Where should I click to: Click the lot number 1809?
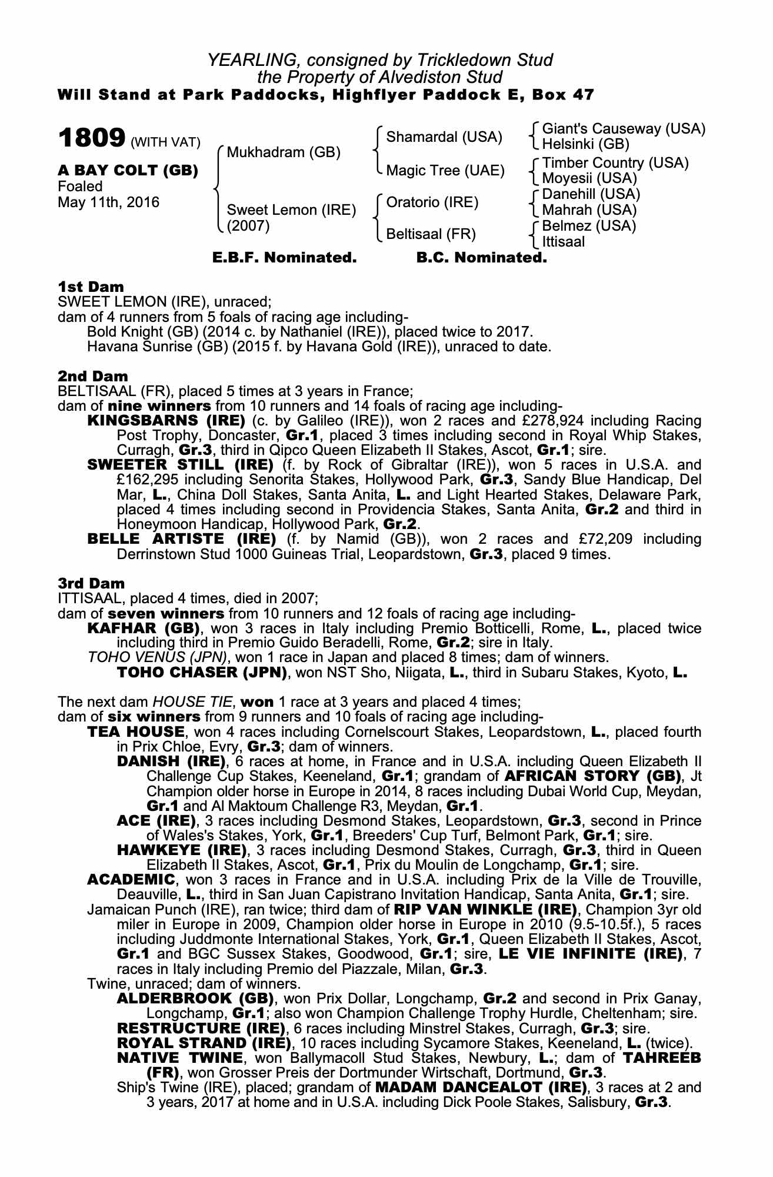coord(91,138)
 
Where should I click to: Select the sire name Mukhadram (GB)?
coord(284,153)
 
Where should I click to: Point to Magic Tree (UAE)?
coord(445,171)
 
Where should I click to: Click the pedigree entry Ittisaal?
coord(564,241)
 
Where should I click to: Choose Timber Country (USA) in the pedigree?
coord(615,163)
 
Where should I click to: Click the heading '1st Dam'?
coord(91,287)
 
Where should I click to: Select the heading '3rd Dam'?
coord(91,583)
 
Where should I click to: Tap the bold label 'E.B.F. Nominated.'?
coord(284,258)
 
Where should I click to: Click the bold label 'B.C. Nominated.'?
coord(481,258)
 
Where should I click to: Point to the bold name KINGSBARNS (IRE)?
coord(166,421)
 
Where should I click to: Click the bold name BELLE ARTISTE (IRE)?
coord(181,539)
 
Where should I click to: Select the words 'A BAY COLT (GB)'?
coord(128,171)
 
